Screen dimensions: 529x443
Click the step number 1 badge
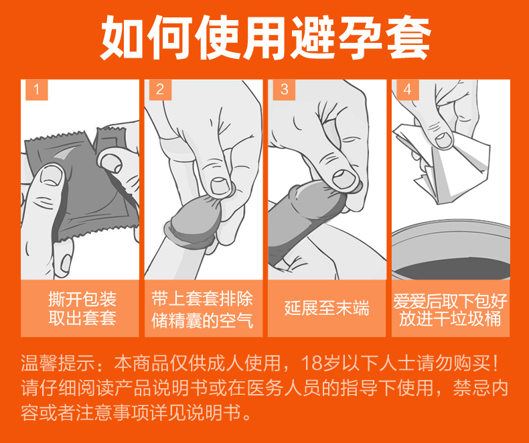37,90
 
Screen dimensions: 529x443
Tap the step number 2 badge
160,90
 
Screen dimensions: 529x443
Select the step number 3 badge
284,90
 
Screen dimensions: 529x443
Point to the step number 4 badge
408,90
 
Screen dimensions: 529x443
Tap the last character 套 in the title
408,38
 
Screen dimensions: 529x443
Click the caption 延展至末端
327,308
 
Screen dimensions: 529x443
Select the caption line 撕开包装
82,299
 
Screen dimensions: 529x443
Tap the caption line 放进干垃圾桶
450,319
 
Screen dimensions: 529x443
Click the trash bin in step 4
451,250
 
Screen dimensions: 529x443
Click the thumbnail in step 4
443,140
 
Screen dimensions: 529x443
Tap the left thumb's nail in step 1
52,175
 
